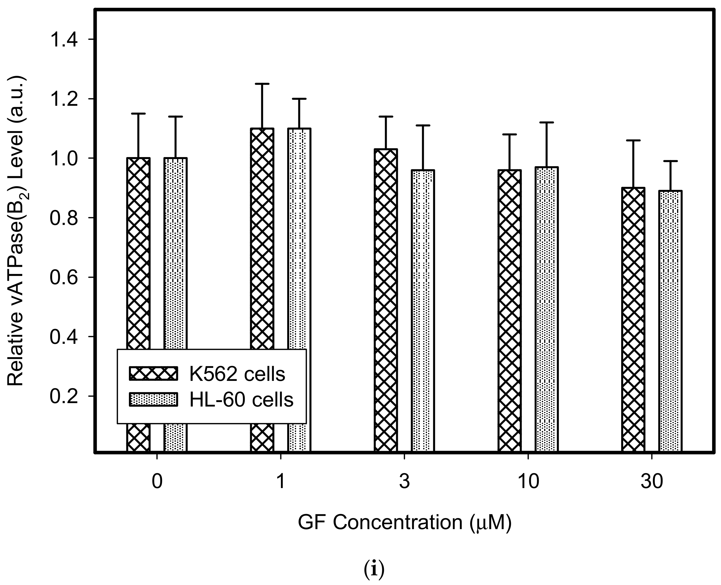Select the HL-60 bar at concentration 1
tap(299, 236)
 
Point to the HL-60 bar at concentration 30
tap(670, 320)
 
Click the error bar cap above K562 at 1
tap(262, 84)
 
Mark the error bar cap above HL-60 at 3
tap(423, 125)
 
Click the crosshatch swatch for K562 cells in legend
tap(153, 374)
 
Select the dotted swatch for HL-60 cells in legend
tap(153, 400)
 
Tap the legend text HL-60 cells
tap(241, 400)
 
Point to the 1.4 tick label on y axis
tap(63, 39)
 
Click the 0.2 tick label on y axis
tap(63, 396)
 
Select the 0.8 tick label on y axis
tap(63, 218)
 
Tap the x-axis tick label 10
tap(528, 482)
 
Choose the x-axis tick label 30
tap(652, 482)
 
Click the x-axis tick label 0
tap(157, 482)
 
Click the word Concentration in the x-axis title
tap(398, 523)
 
